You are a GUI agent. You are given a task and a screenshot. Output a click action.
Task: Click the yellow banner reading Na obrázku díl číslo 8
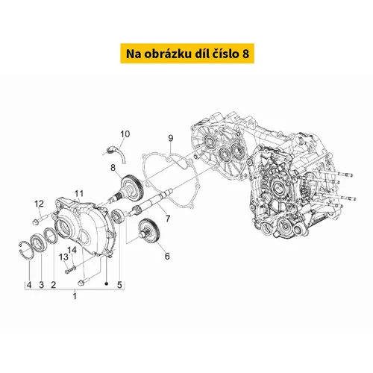click(187, 54)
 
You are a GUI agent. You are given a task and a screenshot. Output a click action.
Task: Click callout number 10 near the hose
click(125, 134)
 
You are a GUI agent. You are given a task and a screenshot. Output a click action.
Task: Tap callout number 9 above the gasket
click(171, 138)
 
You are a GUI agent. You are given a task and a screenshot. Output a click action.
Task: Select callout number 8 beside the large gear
click(113, 168)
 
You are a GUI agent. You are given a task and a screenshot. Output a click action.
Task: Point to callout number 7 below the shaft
click(168, 219)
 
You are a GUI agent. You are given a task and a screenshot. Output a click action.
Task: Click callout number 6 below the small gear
click(167, 256)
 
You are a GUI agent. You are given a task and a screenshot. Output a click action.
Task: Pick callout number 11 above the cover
click(79, 193)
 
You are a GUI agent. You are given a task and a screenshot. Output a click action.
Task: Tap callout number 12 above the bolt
click(39, 204)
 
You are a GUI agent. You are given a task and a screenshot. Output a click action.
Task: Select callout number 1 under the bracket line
click(75, 296)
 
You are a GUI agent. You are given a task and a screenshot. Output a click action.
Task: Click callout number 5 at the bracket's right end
click(119, 285)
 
